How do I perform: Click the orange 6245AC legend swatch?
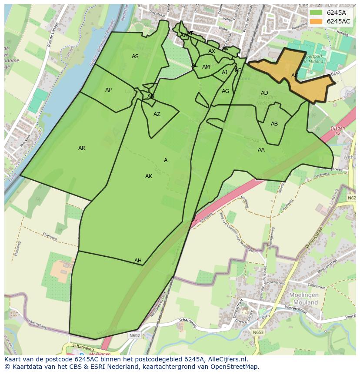click(x=316, y=21)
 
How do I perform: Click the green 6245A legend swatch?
click(x=316, y=13)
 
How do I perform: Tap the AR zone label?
click(x=82, y=148)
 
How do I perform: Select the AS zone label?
click(x=135, y=56)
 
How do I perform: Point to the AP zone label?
click(x=108, y=90)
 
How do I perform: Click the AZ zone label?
click(x=157, y=114)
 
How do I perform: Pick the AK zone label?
click(x=149, y=176)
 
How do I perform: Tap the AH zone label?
click(x=138, y=261)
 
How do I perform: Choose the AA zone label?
click(x=261, y=150)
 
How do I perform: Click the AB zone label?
click(x=274, y=124)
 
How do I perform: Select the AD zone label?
click(x=264, y=93)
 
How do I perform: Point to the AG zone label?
click(x=225, y=91)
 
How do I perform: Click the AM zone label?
click(x=206, y=67)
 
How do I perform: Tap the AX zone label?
click(x=212, y=51)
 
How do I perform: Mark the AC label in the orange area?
click(x=295, y=76)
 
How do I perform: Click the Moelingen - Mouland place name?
click(x=304, y=298)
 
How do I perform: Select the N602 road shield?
click(x=134, y=335)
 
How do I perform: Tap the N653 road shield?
click(x=258, y=332)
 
